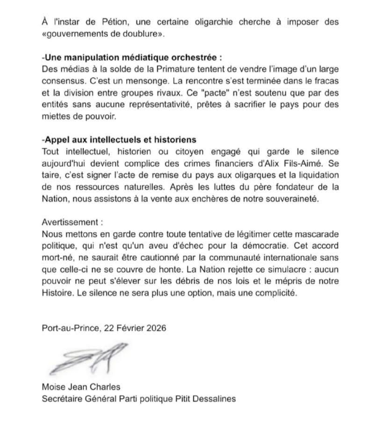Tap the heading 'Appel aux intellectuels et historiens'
pos(119,140)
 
